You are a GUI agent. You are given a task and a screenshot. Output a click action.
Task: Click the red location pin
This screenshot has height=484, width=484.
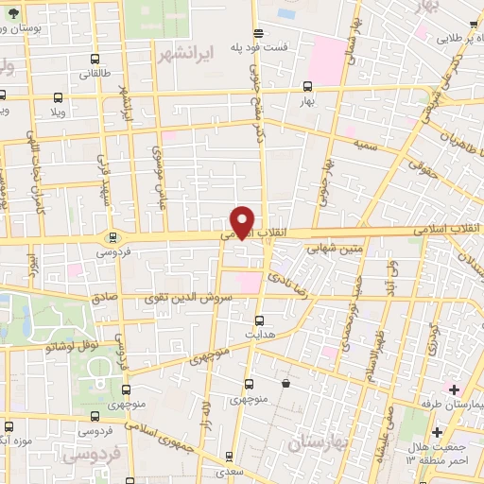243,222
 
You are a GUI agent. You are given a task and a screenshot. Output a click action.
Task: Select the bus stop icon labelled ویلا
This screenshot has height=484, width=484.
59,96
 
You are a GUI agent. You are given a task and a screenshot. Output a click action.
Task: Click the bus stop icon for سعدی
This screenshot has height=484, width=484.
235,471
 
